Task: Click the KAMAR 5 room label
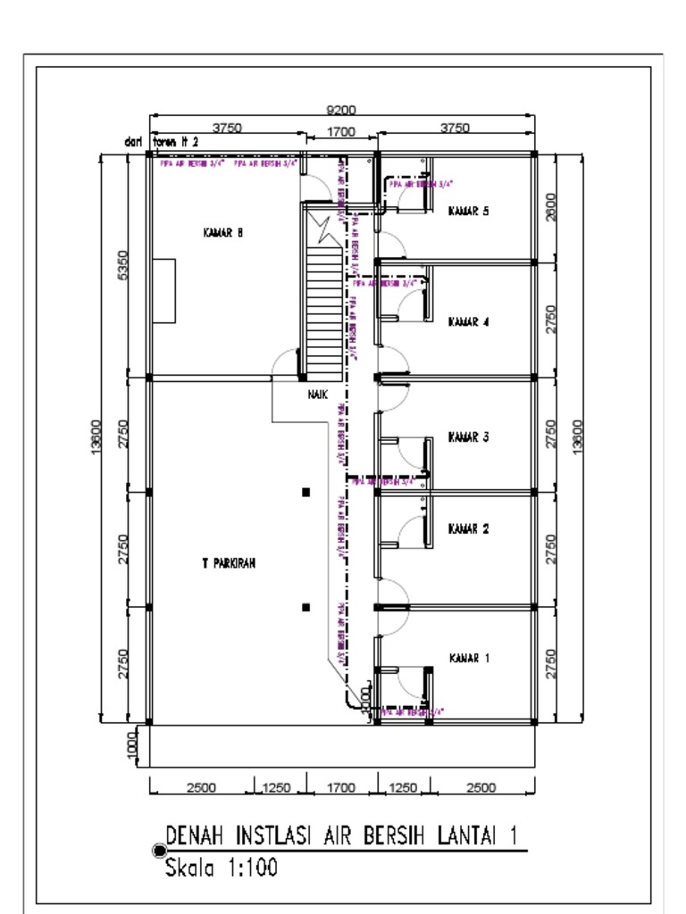click(x=468, y=212)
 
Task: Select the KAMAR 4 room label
click(x=468, y=321)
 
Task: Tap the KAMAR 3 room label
click(x=468, y=437)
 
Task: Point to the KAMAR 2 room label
click(x=468, y=528)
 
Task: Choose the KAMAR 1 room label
click(x=468, y=659)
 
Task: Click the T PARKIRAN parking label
click(x=229, y=563)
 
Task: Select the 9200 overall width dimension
click(x=340, y=110)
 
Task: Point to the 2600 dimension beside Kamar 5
click(x=550, y=206)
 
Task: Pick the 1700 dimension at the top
click(x=340, y=131)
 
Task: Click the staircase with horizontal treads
click(x=324, y=303)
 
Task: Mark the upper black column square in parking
click(x=306, y=492)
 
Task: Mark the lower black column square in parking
click(x=306, y=607)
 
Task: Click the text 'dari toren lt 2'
click(x=161, y=141)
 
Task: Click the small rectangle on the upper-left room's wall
click(x=163, y=290)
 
